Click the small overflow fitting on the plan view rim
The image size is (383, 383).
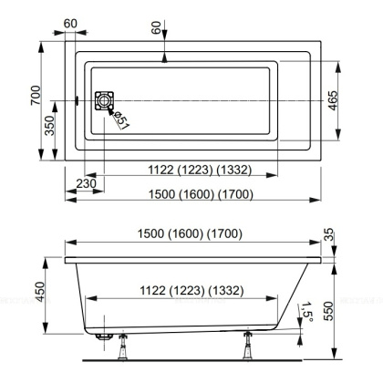point(78,99)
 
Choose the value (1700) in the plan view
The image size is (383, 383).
point(232,194)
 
